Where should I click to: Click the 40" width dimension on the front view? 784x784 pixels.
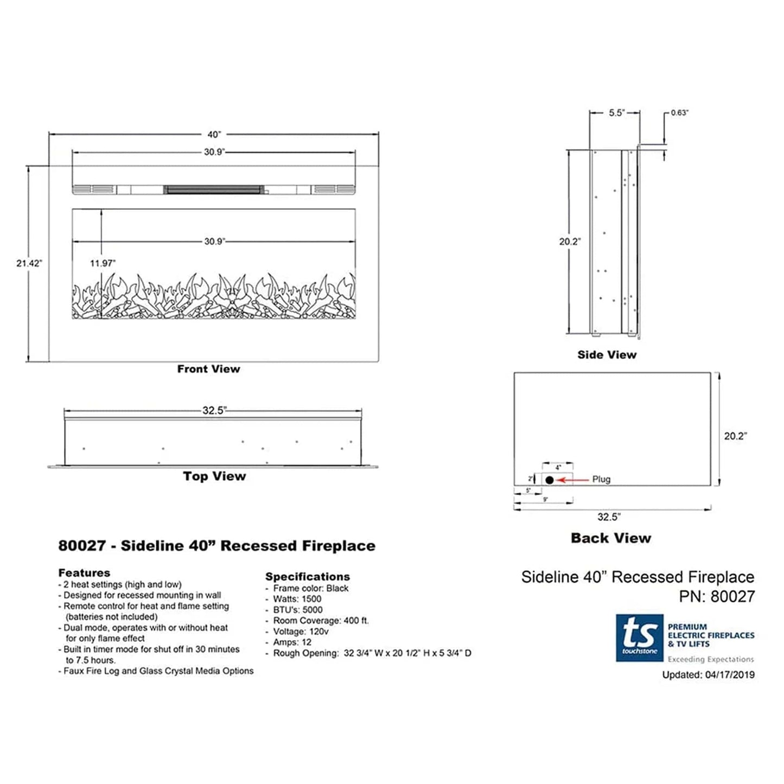pos(214,135)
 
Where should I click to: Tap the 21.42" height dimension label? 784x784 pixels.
pos(29,263)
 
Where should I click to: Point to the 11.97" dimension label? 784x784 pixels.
pos(103,263)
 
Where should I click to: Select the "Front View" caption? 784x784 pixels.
pos(208,369)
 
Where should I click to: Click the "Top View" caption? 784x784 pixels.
pos(214,476)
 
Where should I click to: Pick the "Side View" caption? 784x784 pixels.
pos(607,355)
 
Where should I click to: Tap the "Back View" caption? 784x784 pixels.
pos(610,538)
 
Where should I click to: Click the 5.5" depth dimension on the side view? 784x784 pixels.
pos(616,113)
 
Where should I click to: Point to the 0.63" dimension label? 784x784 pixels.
pos(679,113)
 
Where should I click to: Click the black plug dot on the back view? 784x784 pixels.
pos(550,480)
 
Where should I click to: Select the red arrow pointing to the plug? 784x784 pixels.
pos(573,480)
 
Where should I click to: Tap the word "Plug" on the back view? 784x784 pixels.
pos(601,480)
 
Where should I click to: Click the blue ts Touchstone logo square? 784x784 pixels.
pos(639,638)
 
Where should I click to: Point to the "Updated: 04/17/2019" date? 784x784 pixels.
pos(708,675)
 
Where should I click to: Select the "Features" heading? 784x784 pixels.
pos(84,573)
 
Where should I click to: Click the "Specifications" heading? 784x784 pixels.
pos(307,577)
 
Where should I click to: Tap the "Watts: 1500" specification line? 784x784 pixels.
pos(297,599)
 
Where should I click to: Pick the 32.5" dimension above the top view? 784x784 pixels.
pos(214,411)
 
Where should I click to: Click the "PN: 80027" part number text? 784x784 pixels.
pos(717,596)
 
